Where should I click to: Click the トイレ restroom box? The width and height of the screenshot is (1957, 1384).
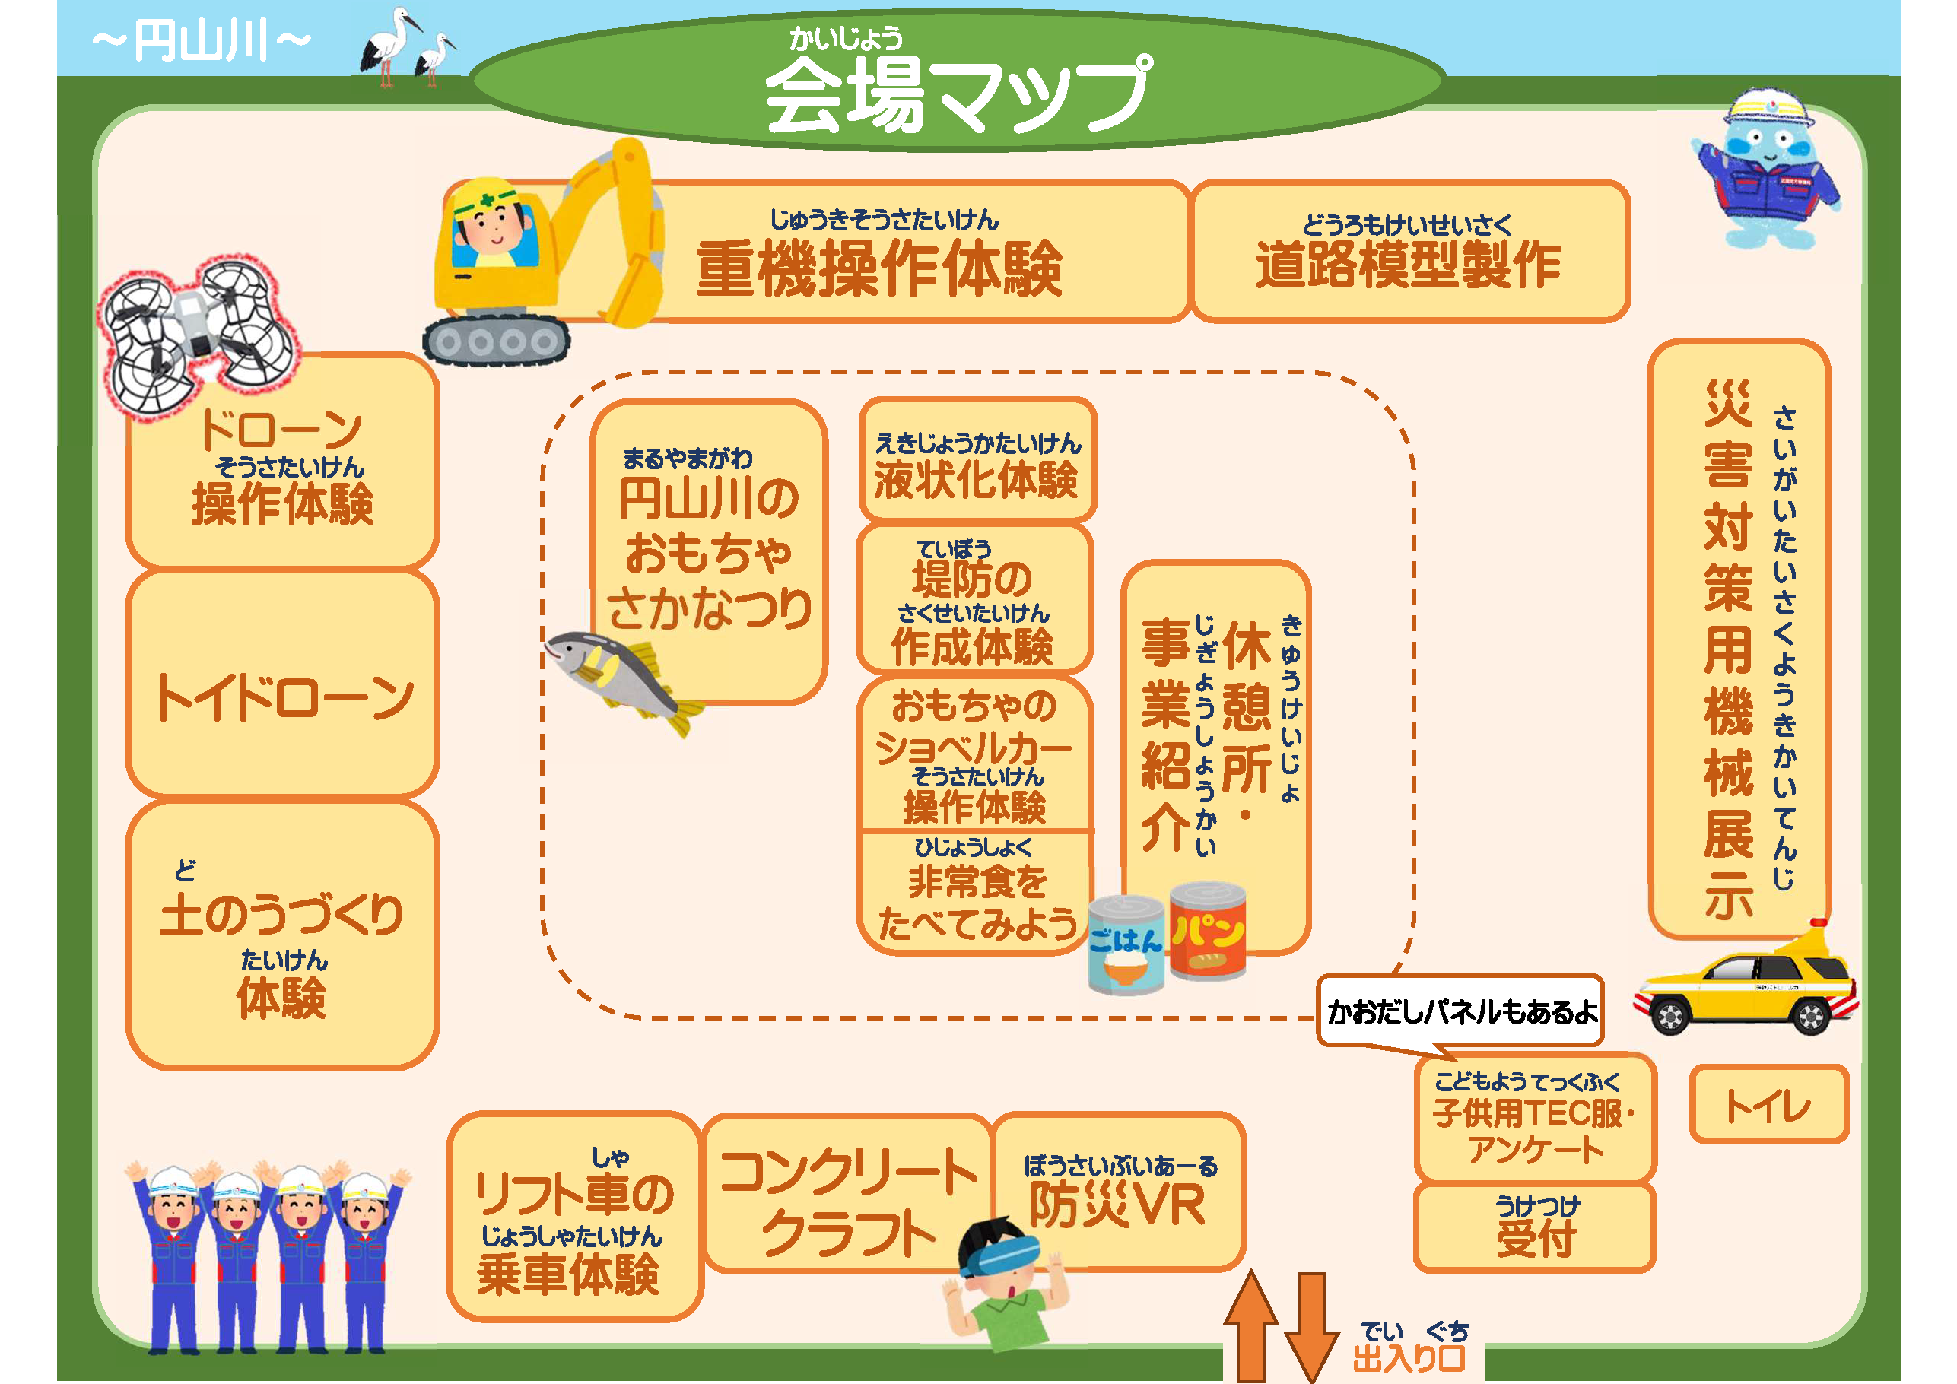pos(1768,1104)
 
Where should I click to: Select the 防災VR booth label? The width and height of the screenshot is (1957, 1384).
pos(1118,1193)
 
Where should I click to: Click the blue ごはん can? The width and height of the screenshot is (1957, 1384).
pos(1126,944)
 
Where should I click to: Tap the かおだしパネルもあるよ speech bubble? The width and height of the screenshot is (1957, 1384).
pos(1460,1011)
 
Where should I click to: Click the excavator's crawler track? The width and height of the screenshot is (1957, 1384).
pos(497,341)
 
